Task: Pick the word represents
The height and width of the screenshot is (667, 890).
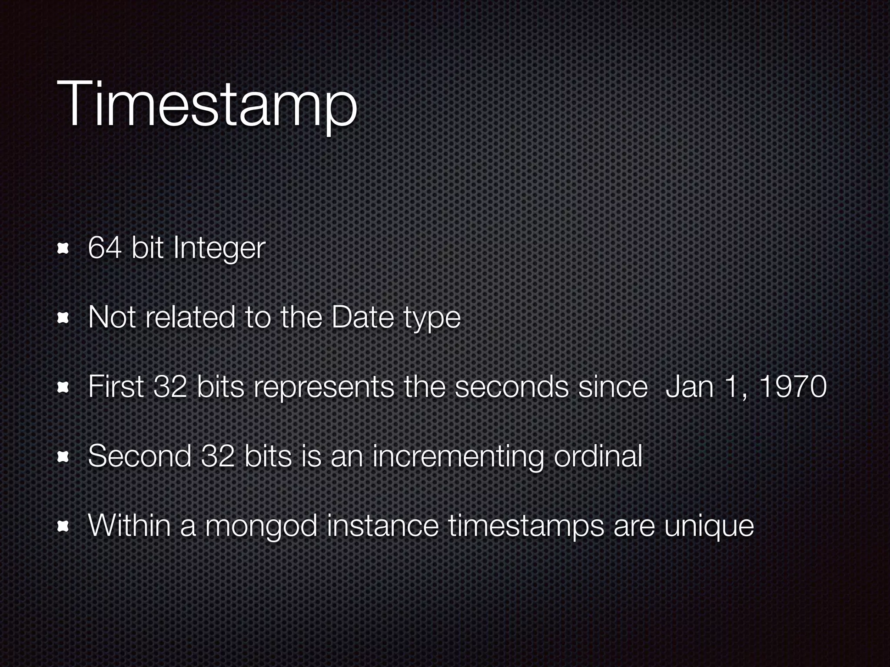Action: pos(323,387)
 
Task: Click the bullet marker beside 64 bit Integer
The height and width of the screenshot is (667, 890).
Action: pos(64,249)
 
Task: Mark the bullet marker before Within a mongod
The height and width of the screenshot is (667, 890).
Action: pos(64,526)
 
